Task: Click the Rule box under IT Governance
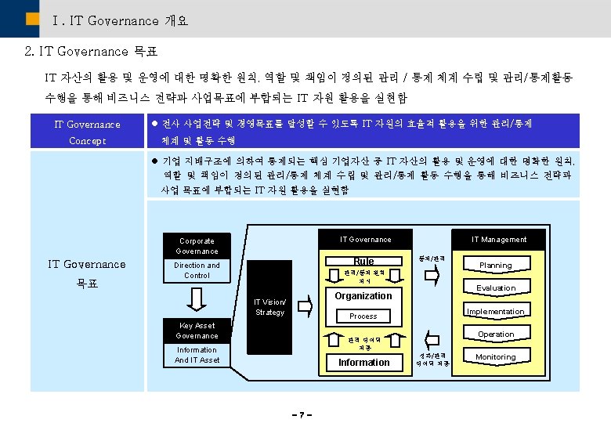(x=363, y=261)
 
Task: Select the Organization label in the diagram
(x=363, y=296)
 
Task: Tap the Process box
(x=363, y=316)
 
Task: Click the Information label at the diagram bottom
(x=363, y=363)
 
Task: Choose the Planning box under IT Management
(x=496, y=265)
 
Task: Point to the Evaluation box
(x=496, y=287)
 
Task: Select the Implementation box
(x=496, y=311)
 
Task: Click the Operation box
(x=496, y=334)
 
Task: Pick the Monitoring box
(x=496, y=357)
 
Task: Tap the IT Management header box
(x=499, y=239)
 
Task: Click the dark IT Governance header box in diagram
(x=365, y=239)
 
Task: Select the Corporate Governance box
(x=197, y=246)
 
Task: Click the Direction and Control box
(x=197, y=270)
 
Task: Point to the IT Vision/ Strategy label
(x=270, y=307)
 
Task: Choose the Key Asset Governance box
(x=197, y=331)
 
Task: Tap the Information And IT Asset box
(x=197, y=355)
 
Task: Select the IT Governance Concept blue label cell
(x=87, y=132)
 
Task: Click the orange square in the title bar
(x=33, y=18)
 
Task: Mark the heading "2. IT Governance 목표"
(x=91, y=52)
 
